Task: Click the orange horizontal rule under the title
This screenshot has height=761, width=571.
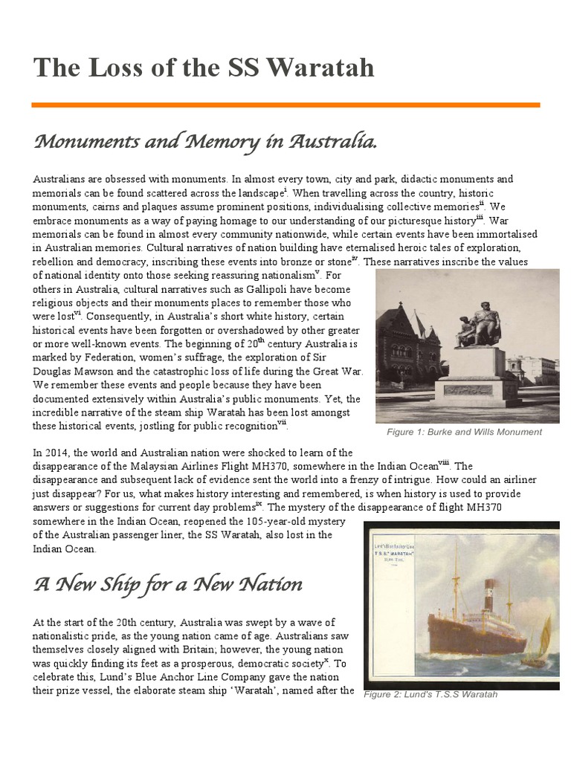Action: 285,106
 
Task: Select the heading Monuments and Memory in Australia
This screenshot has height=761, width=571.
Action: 205,141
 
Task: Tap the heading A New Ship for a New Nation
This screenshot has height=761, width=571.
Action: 168,584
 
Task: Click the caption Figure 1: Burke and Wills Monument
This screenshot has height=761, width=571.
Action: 464,432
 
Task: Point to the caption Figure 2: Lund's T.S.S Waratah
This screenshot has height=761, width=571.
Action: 430,694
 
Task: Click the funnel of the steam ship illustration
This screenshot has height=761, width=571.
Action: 488,595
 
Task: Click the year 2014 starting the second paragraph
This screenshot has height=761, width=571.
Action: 60,453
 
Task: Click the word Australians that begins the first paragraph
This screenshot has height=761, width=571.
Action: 60,180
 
